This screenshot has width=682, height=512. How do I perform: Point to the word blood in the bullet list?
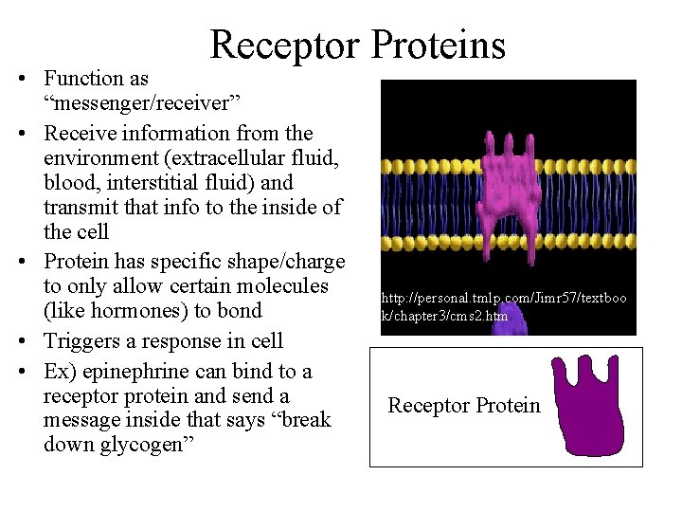(71, 182)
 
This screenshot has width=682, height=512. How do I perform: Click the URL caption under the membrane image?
(503, 306)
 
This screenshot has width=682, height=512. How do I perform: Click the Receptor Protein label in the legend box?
(464, 406)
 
